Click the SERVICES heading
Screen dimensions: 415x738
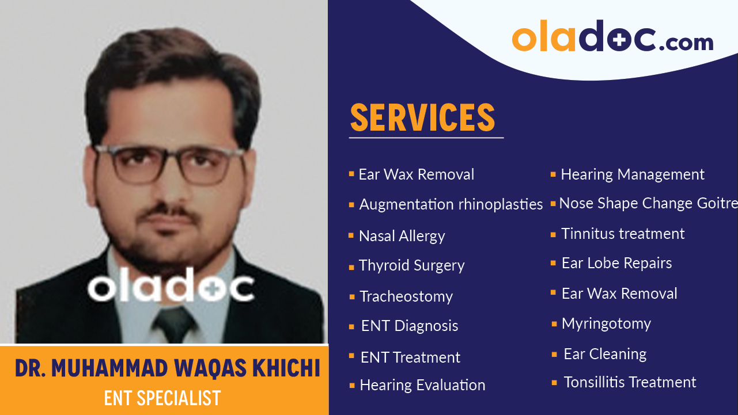point(422,117)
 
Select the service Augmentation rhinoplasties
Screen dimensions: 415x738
point(451,204)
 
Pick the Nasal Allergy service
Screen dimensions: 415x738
point(402,236)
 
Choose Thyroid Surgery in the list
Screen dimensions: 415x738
point(411,265)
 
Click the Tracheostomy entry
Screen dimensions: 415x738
point(406,296)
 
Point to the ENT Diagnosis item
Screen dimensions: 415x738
point(409,326)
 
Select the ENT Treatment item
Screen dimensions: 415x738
point(410,357)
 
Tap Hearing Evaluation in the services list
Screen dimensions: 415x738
point(422,385)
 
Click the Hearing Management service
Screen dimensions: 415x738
point(632,174)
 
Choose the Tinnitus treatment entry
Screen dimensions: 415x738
point(623,234)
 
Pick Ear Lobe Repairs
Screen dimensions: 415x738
point(616,263)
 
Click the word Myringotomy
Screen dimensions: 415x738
point(606,323)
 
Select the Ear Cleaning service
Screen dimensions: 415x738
point(605,354)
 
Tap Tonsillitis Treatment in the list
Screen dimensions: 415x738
point(630,382)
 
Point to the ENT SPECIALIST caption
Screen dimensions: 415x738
point(162,398)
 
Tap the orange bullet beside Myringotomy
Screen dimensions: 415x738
point(554,324)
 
